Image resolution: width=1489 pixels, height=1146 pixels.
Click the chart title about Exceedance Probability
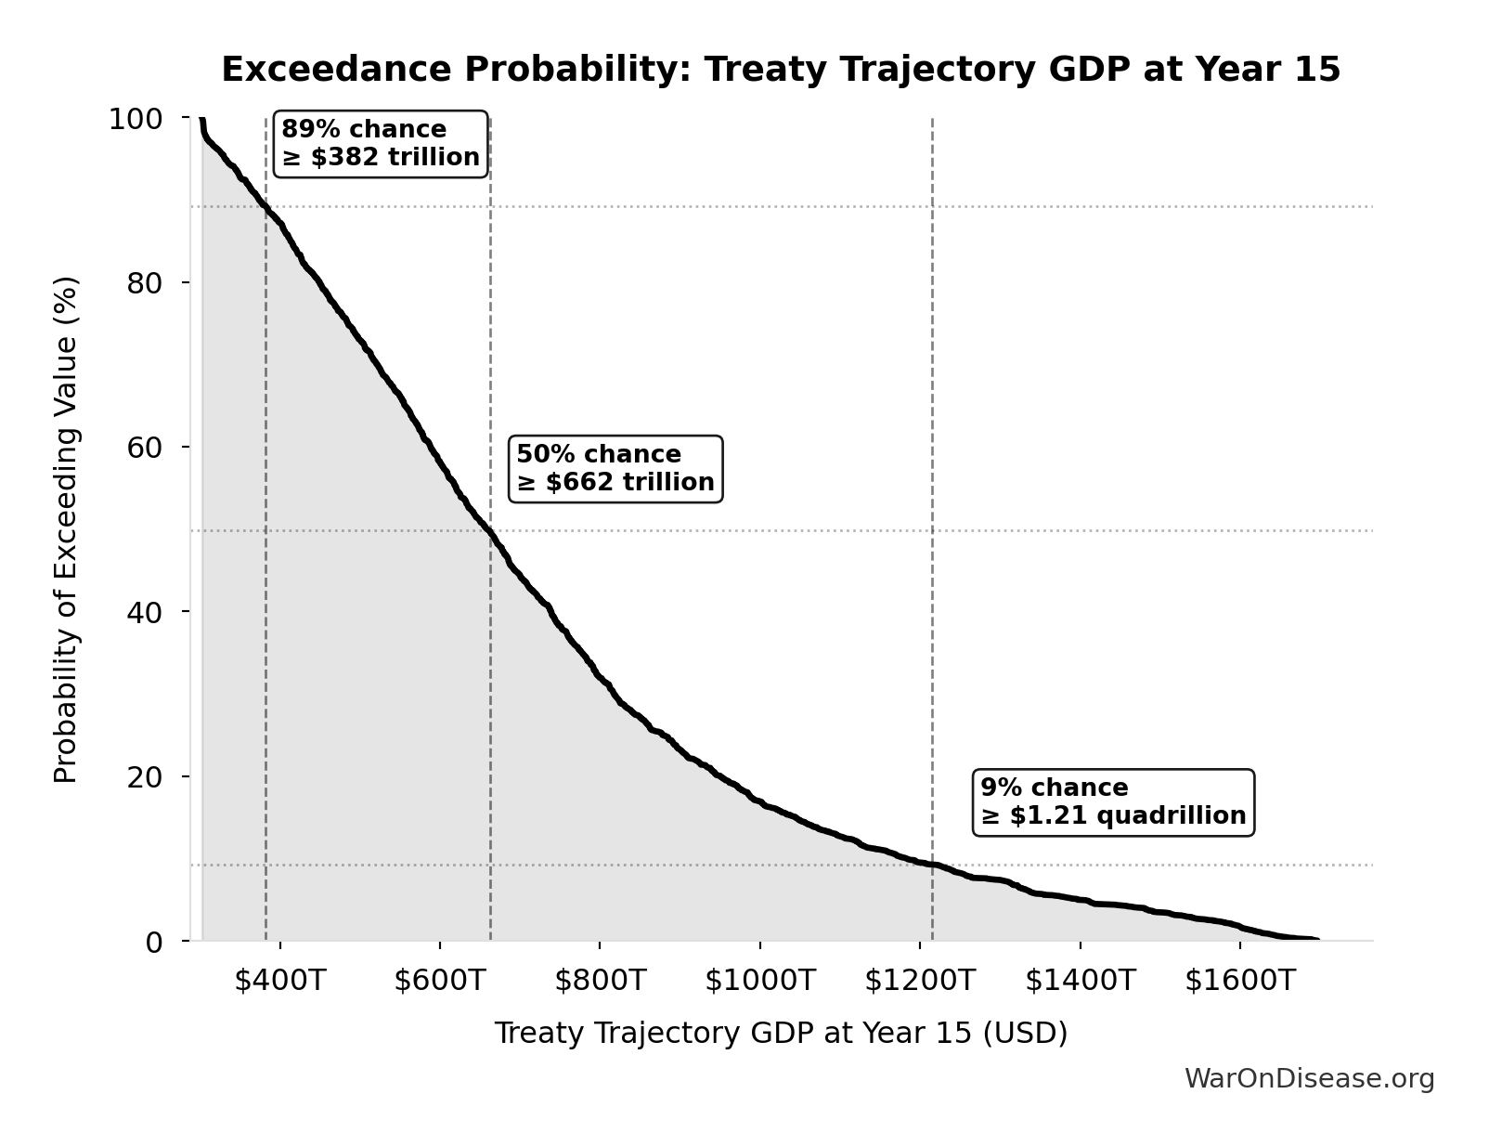tap(781, 70)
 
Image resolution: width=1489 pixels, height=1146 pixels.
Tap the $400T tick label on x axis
tap(279, 981)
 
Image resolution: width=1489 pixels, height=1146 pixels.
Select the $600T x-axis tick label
tap(439, 981)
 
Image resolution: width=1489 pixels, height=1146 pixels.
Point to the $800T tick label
tap(600, 981)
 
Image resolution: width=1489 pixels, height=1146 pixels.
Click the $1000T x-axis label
tap(759, 981)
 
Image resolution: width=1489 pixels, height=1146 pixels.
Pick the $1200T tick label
tap(920, 981)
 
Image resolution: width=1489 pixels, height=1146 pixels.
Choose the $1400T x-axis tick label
tap(1080, 981)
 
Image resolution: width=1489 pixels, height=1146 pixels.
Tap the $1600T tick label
tap(1239, 981)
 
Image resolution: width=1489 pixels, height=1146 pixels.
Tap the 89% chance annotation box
tap(381, 144)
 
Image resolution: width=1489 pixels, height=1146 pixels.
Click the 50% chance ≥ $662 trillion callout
tap(615, 469)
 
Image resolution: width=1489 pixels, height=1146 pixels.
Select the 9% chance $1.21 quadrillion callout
tap(1113, 802)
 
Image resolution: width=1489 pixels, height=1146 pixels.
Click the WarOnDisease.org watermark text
tap(1309, 1079)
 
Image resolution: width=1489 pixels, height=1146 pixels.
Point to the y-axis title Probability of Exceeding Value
tap(66, 529)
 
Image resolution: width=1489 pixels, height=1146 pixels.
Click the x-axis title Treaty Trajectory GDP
tap(781, 1034)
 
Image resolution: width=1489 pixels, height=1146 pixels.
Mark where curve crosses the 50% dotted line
tap(489, 530)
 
